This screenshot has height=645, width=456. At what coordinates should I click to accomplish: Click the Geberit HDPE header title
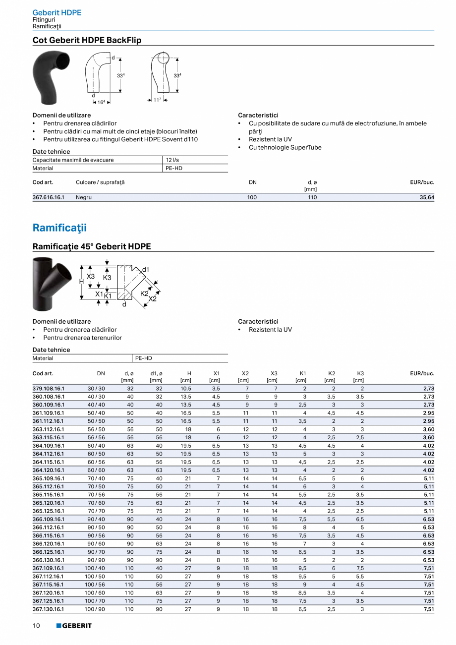[57, 12]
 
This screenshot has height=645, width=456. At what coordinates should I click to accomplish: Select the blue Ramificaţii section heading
[59, 228]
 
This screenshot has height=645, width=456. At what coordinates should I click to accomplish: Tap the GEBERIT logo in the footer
[74, 626]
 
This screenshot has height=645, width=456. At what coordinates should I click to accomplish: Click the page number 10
[36, 626]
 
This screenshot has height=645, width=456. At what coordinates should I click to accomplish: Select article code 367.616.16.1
[48, 197]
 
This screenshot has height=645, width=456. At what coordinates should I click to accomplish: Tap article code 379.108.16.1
[48, 389]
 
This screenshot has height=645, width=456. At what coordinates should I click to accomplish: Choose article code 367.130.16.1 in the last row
[48, 609]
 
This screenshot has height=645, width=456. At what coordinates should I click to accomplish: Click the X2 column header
[245, 373]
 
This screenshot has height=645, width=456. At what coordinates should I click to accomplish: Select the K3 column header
[360, 373]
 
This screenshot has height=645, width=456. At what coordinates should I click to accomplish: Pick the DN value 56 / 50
[96, 429]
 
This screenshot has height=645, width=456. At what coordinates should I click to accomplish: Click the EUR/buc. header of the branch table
[422, 373]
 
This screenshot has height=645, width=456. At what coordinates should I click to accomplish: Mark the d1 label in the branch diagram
[146, 269]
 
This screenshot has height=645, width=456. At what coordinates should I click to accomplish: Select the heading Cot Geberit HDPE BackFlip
[87, 40]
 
